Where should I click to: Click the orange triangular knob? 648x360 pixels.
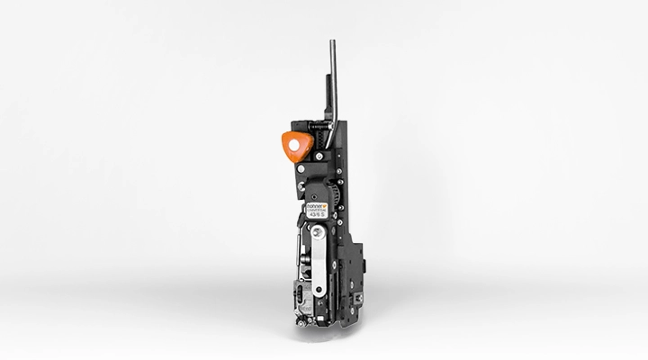pos(294,145)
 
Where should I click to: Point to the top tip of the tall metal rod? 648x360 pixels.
pos(332,42)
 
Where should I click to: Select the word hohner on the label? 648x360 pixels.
pos(317,206)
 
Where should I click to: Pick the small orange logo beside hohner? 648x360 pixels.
pos(331,206)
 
